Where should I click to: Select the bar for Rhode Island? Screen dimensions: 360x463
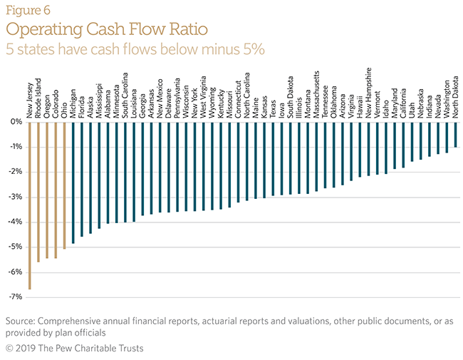(x=38, y=192)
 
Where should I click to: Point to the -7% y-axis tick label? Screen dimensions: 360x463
(x=12, y=297)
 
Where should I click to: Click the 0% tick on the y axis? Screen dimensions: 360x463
(x=14, y=122)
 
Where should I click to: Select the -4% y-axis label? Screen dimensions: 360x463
(x=12, y=222)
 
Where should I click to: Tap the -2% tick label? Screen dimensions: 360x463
(x=12, y=172)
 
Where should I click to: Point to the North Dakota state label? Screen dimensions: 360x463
(x=455, y=98)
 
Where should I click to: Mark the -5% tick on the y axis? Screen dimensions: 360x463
(x=12, y=247)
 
